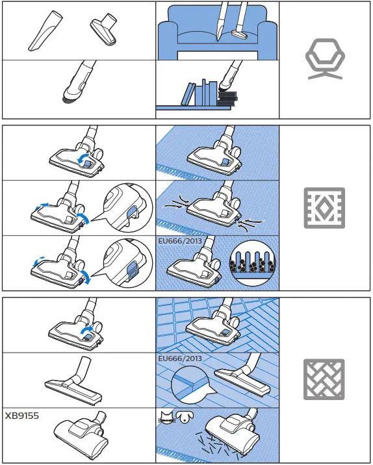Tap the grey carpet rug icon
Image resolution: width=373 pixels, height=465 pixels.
[325, 209]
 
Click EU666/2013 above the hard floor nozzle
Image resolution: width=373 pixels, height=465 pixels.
[179, 358]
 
